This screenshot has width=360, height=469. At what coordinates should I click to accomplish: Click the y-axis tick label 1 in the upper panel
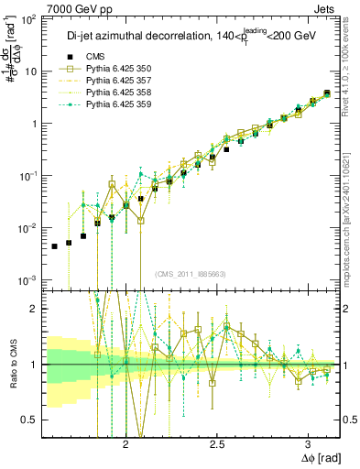pos(34,124)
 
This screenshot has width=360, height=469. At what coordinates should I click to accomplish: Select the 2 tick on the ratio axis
pos(34,309)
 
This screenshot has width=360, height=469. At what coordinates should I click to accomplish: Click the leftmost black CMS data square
pos(54,246)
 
